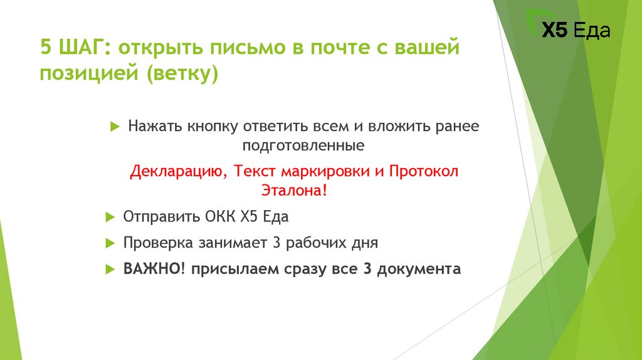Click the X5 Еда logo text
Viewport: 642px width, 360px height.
[x=575, y=31]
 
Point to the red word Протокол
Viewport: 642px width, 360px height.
[x=424, y=172]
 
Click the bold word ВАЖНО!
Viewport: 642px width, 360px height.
[x=151, y=269]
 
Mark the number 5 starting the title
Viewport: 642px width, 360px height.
[x=46, y=48]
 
